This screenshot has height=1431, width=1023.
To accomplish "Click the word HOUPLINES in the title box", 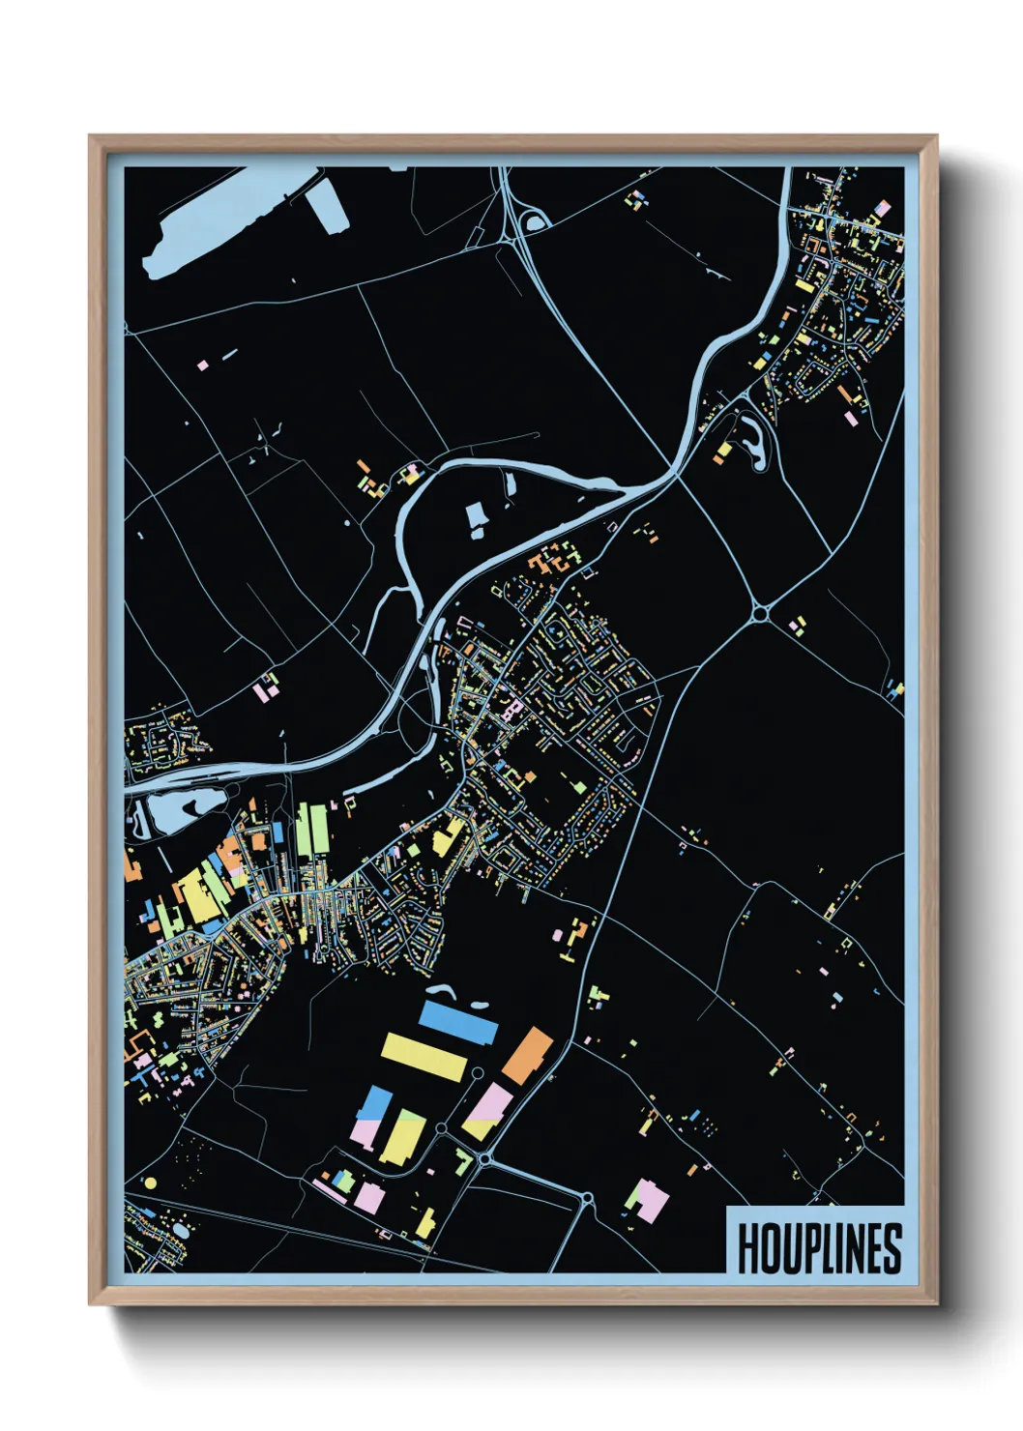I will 819,1248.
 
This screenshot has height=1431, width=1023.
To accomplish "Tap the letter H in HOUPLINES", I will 747,1248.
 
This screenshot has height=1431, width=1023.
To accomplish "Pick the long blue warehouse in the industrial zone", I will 458,1021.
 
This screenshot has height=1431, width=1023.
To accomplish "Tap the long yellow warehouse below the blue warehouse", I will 424,1057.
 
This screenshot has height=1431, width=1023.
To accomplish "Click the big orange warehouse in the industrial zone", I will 527,1056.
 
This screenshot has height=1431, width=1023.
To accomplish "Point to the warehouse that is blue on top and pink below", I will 371,1118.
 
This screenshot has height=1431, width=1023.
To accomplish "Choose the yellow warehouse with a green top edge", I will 401,1135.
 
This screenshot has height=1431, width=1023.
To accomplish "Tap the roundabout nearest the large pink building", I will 587,1200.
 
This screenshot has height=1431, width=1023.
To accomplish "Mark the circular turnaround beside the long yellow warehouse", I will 476,1073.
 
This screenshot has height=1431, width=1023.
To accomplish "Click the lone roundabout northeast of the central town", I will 761,612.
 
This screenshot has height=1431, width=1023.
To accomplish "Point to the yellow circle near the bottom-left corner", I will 150,1183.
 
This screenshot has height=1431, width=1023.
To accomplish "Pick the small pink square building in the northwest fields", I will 202,365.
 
